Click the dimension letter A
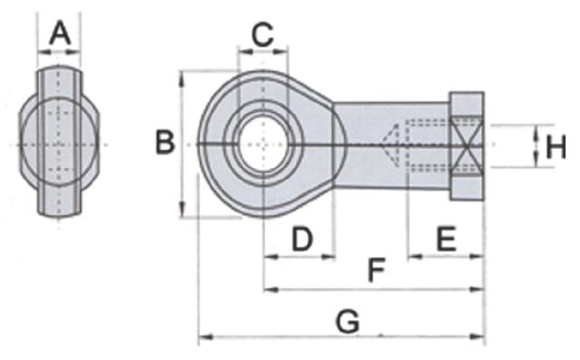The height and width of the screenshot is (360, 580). (x=60, y=34)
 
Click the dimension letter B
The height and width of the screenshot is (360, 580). (x=165, y=142)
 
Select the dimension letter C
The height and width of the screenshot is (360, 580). (x=263, y=34)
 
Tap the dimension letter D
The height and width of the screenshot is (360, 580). (x=302, y=239)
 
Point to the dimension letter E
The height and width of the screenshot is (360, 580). (x=447, y=239)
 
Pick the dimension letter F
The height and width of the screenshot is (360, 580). (x=377, y=269)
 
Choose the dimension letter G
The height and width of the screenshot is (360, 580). (x=348, y=322)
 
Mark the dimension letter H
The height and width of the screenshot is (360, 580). (x=556, y=147)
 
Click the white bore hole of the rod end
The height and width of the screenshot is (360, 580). (x=263, y=144)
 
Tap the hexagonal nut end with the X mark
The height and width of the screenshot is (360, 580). (x=468, y=146)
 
